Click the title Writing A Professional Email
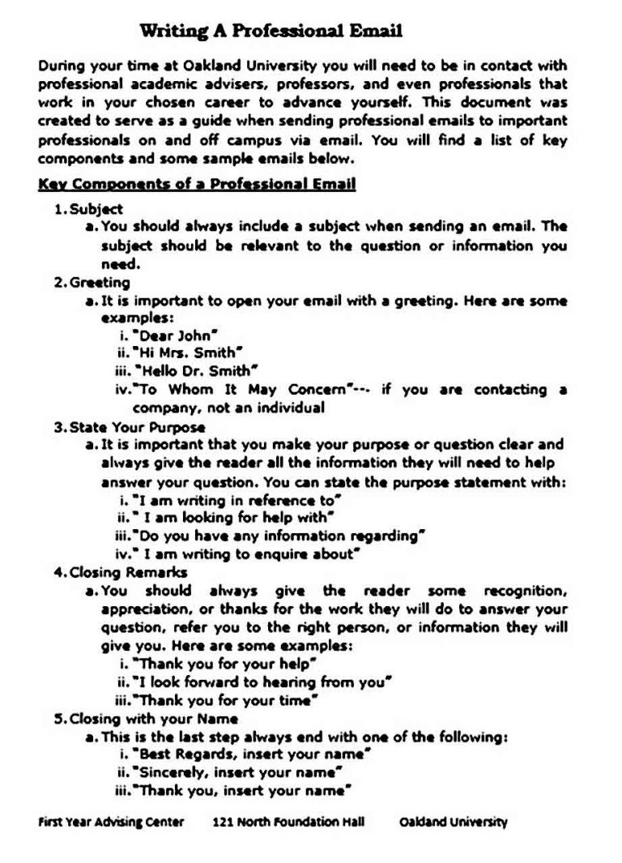(271, 32)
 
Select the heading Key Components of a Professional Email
(197, 184)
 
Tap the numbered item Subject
(96, 209)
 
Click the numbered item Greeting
(100, 283)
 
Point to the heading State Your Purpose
(137, 427)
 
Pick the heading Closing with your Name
(154, 719)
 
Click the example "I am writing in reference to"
(237, 500)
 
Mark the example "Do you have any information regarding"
(279, 536)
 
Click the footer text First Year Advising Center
(111, 822)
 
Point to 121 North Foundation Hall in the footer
(288, 822)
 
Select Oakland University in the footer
(454, 822)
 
